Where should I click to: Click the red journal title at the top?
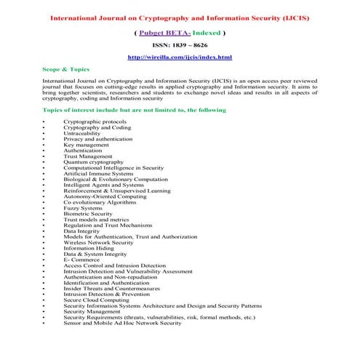[x=180, y=17]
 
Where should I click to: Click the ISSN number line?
[x=180, y=44]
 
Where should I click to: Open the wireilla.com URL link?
[x=180, y=57]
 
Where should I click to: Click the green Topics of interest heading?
[x=135, y=109]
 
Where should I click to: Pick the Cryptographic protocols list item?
[x=94, y=121]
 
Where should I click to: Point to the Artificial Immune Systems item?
[x=98, y=173]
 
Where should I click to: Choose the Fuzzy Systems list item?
[x=83, y=208]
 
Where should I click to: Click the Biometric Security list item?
[x=88, y=214]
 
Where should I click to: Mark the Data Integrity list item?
[x=82, y=231]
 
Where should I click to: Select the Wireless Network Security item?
[x=98, y=242]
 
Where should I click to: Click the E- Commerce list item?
[x=80, y=260]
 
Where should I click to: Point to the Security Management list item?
[x=92, y=311]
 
